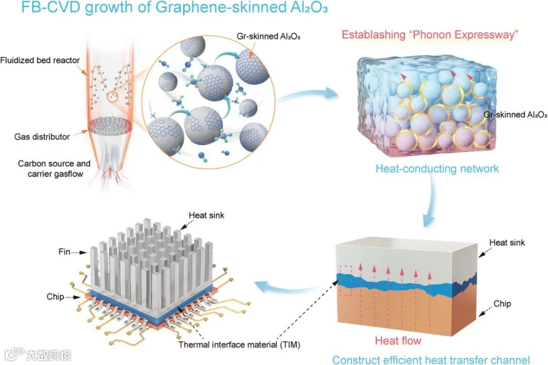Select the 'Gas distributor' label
[41, 137]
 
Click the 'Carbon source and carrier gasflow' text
[54, 169]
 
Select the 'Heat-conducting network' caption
[437, 168]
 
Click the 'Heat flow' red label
[398, 340]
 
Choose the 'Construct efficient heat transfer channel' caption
[431, 359]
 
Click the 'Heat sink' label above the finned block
[207, 215]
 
